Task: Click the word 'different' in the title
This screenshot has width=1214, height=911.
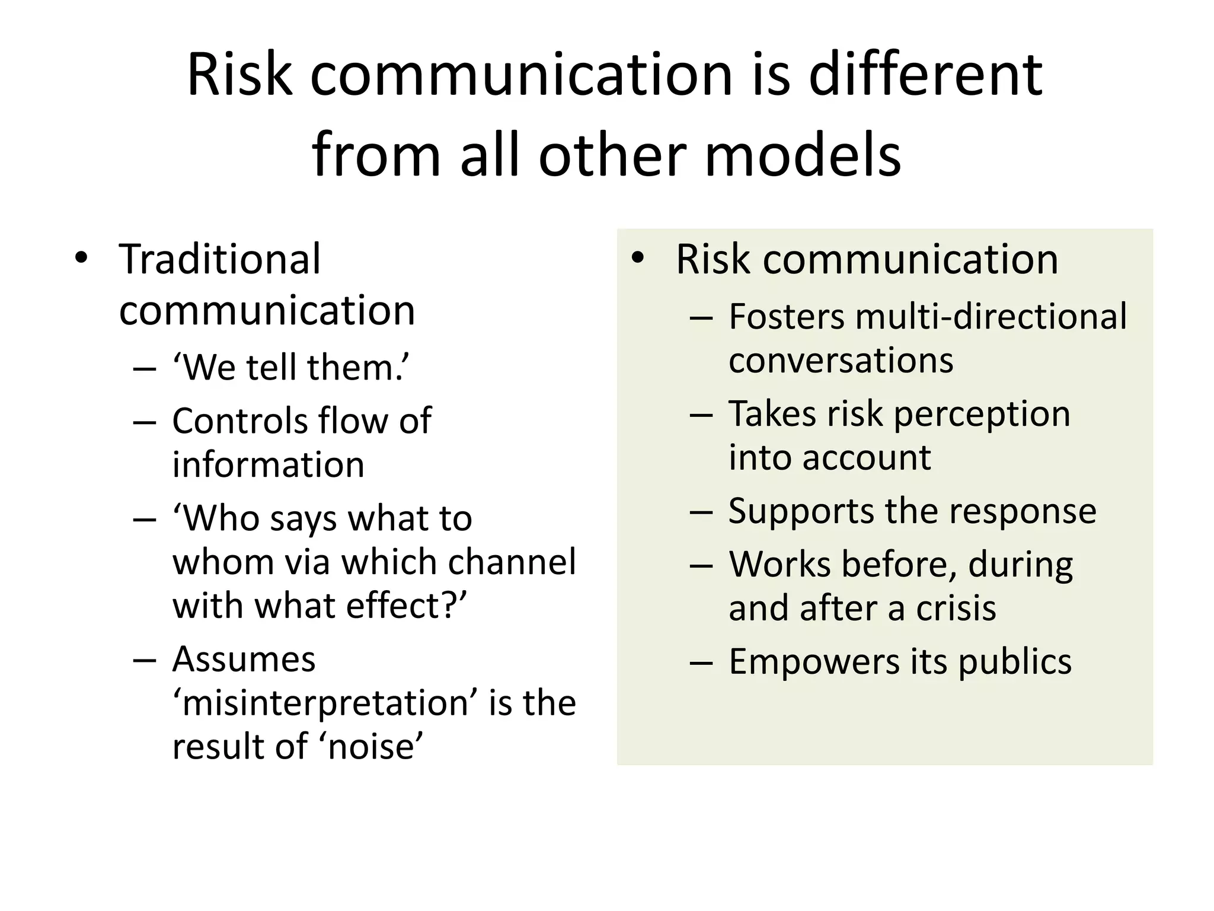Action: coord(925,75)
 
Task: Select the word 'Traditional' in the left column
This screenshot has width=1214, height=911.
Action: coord(219,259)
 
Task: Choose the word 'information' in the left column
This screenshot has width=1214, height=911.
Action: coord(268,464)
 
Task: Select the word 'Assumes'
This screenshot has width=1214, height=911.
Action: coord(244,659)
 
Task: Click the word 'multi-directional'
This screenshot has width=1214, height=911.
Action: coord(991,316)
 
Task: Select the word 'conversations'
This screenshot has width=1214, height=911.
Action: coord(841,360)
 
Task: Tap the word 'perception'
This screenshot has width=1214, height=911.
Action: coord(982,413)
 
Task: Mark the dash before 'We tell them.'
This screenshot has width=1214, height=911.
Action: coord(145,369)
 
